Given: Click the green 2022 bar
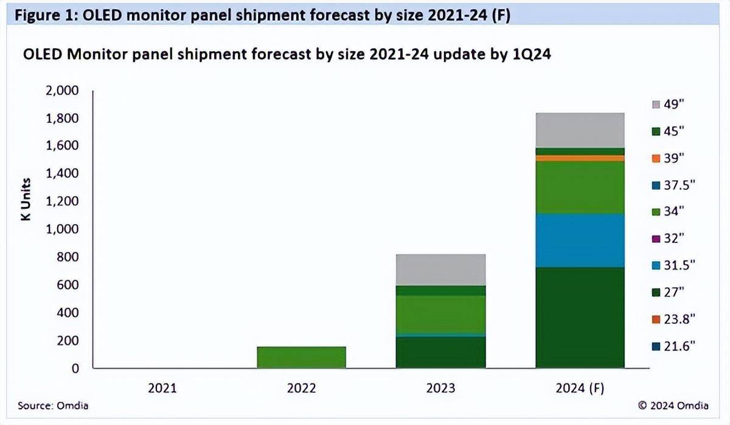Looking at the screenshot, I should click(x=302, y=357).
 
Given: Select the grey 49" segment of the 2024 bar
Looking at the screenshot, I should click(x=580, y=130).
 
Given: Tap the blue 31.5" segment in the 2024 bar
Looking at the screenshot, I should click(x=580, y=240).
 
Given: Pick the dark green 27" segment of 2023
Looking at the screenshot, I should click(x=440, y=352).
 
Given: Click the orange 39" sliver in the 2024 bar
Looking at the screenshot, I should click(x=580, y=158).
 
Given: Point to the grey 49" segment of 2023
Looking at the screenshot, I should click(x=440, y=270).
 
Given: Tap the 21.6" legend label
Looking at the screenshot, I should click(x=678, y=346).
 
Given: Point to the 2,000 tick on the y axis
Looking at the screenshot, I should click(x=62, y=91).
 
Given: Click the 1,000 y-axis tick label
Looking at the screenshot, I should click(x=62, y=230).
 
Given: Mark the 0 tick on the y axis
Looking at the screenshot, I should click(x=75, y=368).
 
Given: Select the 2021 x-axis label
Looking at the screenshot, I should click(x=163, y=388).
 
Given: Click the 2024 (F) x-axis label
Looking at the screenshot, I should click(x=580, y=388).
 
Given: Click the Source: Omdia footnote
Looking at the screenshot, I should click(x=52, y=406).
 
